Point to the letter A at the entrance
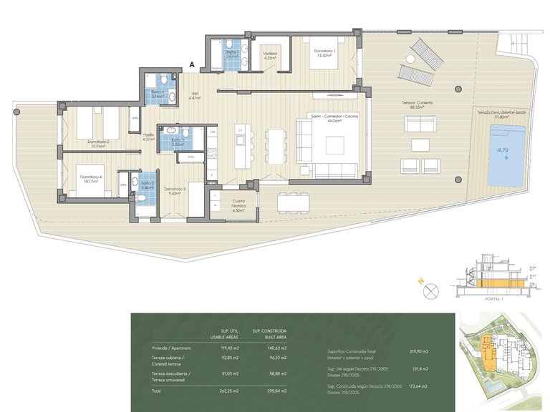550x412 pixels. pos(192,65)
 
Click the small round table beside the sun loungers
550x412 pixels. pos(458,91)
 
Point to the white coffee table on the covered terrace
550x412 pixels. pos(420,145)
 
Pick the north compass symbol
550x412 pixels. pos(431,291)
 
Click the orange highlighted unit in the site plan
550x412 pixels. pos(488,353)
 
